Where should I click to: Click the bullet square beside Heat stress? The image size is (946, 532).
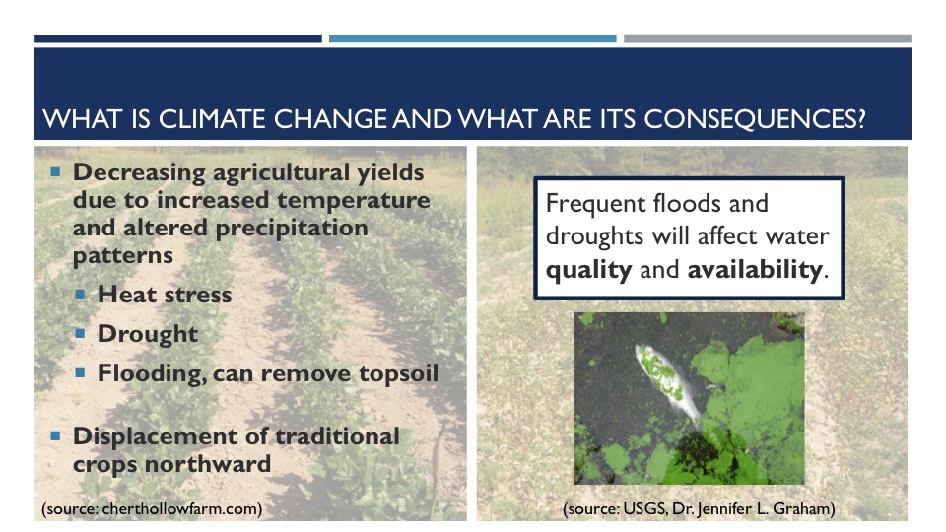tap(80, 295)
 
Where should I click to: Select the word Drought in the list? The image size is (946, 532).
tap(148, 334)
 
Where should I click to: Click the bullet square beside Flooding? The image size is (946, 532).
tap(80, 372)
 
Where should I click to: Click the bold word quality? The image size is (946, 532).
tap(589, 270)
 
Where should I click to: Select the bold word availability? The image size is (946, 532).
tap(755, 269)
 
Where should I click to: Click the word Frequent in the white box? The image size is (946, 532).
tap(595, 204)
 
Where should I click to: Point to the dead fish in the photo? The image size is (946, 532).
tap(668, 383)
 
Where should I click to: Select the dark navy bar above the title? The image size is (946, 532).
tap(178, 39)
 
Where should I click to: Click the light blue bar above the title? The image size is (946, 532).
tap(472, 39)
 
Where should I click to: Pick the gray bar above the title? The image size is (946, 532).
tap(768, 39)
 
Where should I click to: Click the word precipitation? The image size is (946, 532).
tap(292, 229)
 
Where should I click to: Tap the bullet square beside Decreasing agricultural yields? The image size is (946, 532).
tap(55, 172)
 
